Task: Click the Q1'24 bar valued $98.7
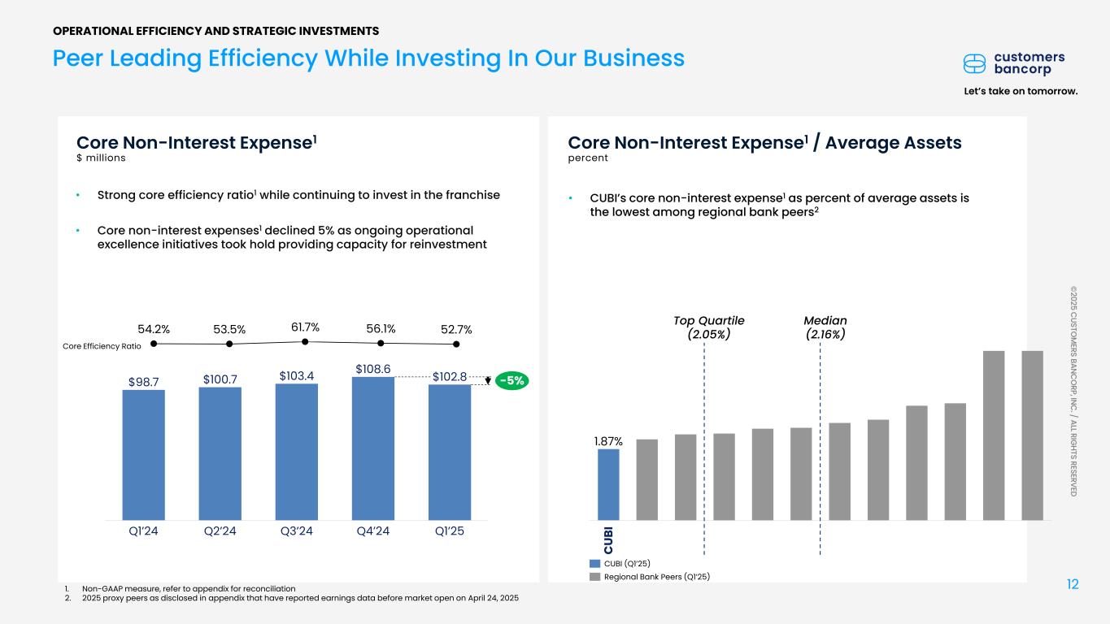[143, 454]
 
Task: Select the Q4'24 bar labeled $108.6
[372, 448]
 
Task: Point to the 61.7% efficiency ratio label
[305, 327]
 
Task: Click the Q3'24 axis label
[296, 532]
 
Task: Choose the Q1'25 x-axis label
[449, 532]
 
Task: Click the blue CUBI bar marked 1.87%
[608, 484]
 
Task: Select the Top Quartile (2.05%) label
[703, 327]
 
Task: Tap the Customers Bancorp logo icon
[975, 63]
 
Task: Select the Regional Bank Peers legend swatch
[595, 577]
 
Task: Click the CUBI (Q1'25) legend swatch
[595, 563]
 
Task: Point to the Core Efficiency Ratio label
[102, 346]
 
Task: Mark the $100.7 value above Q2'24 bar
[220, 379]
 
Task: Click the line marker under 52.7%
[457, 344]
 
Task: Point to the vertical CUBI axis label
[608, 537]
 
